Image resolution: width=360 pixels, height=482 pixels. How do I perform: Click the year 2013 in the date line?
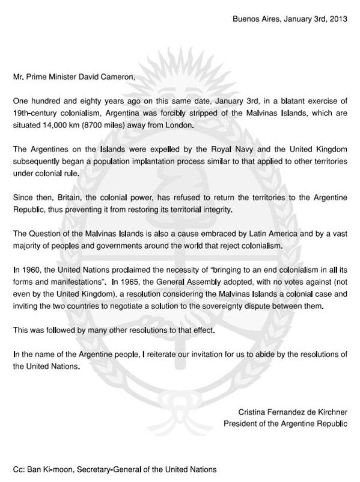point(338,19)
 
